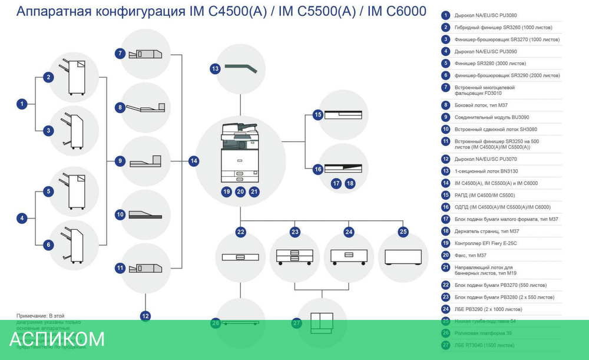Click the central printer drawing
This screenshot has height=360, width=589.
coord(239,153)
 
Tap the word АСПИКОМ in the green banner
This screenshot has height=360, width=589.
coord(57,339)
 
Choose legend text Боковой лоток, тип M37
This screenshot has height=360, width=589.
coord(481,105)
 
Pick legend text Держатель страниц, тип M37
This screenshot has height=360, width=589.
coord(487,231)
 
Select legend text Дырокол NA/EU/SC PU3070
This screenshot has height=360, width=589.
coord(487,159)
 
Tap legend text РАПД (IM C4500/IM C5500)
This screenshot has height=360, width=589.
coord(485,195)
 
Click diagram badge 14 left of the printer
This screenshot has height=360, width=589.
coord(194,160)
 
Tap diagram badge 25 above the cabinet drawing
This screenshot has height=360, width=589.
coord(403,232)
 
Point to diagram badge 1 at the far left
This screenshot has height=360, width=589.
coord(22,104)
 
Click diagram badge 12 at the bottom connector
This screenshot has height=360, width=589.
coord(145,316)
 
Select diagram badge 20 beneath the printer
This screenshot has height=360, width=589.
coord(240,191)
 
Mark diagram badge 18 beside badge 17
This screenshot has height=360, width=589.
coord(350,183)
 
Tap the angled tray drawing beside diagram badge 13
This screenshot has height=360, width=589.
coord(242,68)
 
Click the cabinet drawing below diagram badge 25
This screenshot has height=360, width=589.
coord(403,257)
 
